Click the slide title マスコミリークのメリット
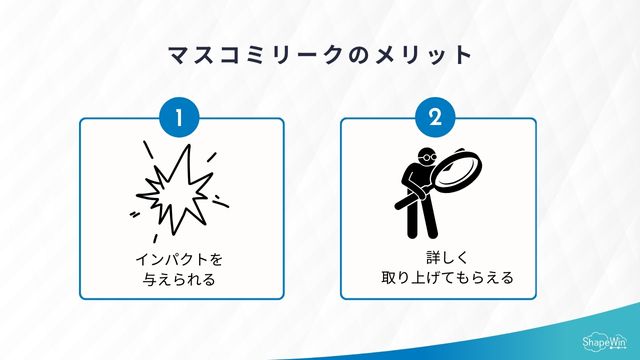(x=320, y=52)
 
